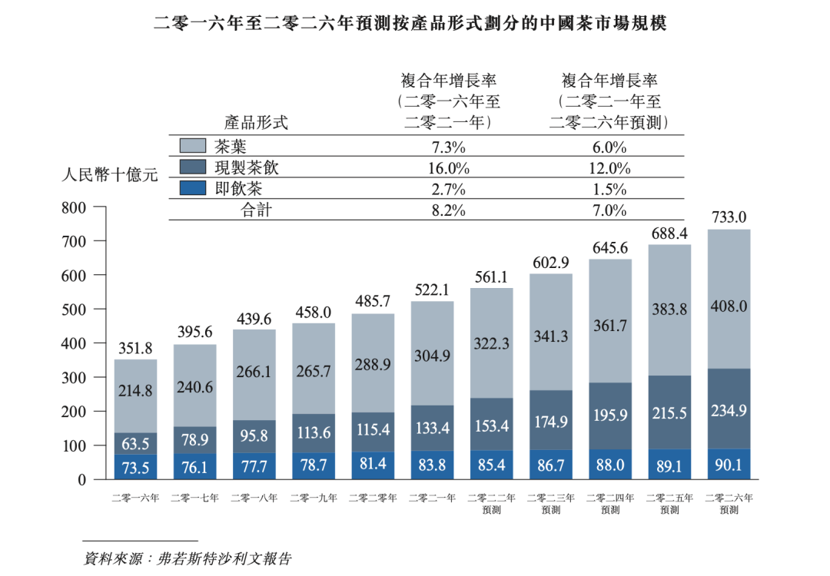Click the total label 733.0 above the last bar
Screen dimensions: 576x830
(729, 217)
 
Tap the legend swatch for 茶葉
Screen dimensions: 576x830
(192, 146)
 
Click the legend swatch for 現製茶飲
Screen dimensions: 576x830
(192, 167)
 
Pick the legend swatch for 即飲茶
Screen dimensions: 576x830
(192, 187)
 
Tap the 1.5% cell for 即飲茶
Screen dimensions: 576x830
(609, 189)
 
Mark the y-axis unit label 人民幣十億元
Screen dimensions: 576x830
(109, 175)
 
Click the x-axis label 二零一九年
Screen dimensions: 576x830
(314, 498)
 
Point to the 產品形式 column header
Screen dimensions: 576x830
(256, 121)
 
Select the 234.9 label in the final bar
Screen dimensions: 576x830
(729, 411)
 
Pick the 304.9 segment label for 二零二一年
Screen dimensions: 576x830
(432, 356)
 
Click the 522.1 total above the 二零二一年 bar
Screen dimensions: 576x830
(432, 290)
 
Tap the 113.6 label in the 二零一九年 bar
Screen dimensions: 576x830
(314, 432)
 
